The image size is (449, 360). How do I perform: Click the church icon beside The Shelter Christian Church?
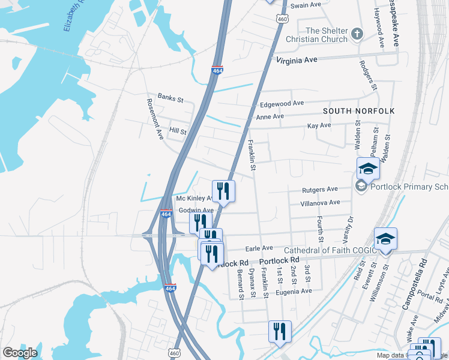pyautogui.click(x=357, y=34)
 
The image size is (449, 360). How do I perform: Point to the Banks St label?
pyautogui.click(x=170, y=97)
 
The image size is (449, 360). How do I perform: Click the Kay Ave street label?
pyautogui.click(x=319, y=126)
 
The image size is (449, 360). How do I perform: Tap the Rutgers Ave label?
pyautogui.click(x=320, y=190)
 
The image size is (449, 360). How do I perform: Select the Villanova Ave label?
pyautogui.click(x=320, y=203)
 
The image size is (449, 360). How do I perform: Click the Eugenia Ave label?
pyautogui.click(x=294, y=291)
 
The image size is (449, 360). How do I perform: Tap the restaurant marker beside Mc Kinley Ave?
pyautogui.click(x=223, y=191)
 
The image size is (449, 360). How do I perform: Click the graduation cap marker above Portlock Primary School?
pyautogui.click(x=368, y=169)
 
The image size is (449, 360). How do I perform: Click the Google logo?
pyautogui.click(x=20, y=352)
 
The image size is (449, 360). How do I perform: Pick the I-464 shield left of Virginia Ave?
pyautogui.click(x=218, y=70)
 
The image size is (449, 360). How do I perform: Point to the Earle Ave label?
pyautogui.click(x=259, y=248)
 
